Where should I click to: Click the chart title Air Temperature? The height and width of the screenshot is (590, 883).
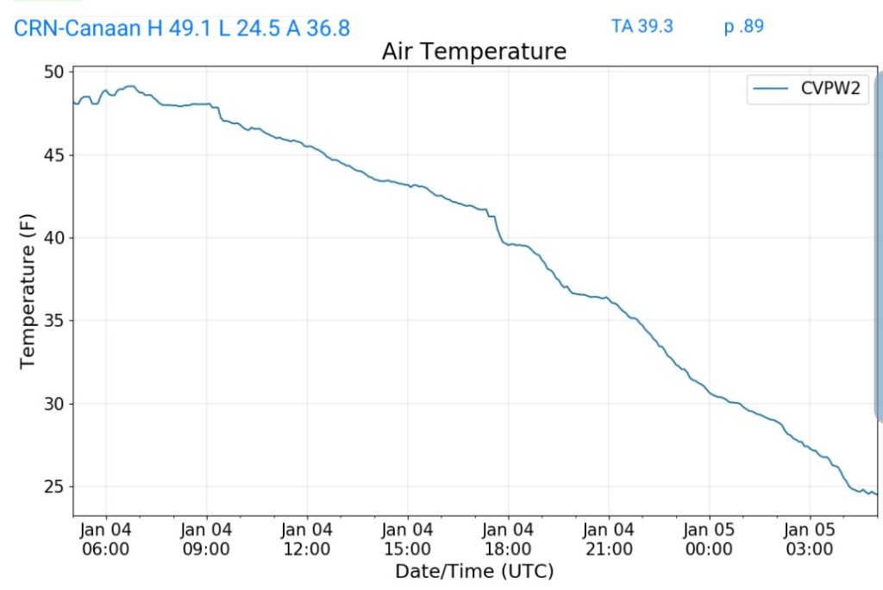point(474,52)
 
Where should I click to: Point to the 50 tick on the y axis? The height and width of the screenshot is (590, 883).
point(53,72)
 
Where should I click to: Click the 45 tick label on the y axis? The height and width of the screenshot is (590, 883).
point(53,155)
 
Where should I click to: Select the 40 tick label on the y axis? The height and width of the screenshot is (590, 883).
point(53,238)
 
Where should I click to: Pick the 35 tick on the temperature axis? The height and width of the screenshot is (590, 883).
point(53,321)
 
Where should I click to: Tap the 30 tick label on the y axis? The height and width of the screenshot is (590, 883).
point(53,404)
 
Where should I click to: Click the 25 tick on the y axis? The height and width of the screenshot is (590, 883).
point(53,486)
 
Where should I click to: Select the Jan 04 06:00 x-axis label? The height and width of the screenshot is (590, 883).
point(106,539)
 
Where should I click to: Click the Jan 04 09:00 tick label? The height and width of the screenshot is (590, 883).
point(207,539)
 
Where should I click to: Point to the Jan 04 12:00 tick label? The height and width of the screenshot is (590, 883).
point(307,539)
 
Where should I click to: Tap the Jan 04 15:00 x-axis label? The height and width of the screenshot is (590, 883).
point(408,539)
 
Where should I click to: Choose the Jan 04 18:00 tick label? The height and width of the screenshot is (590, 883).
point(508,539)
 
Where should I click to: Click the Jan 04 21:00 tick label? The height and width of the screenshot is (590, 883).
point(609,539)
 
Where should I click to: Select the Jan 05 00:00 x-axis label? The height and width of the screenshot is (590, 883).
point(709,539)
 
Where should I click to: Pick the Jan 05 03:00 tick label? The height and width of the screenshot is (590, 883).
point(810,539)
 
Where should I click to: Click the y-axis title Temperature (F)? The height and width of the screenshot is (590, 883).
point(28,293)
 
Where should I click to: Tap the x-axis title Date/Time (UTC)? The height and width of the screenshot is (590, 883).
point(474,571)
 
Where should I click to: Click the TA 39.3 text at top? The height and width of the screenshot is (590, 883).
point(642,26)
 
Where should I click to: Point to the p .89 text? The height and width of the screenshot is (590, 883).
point(744,26)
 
